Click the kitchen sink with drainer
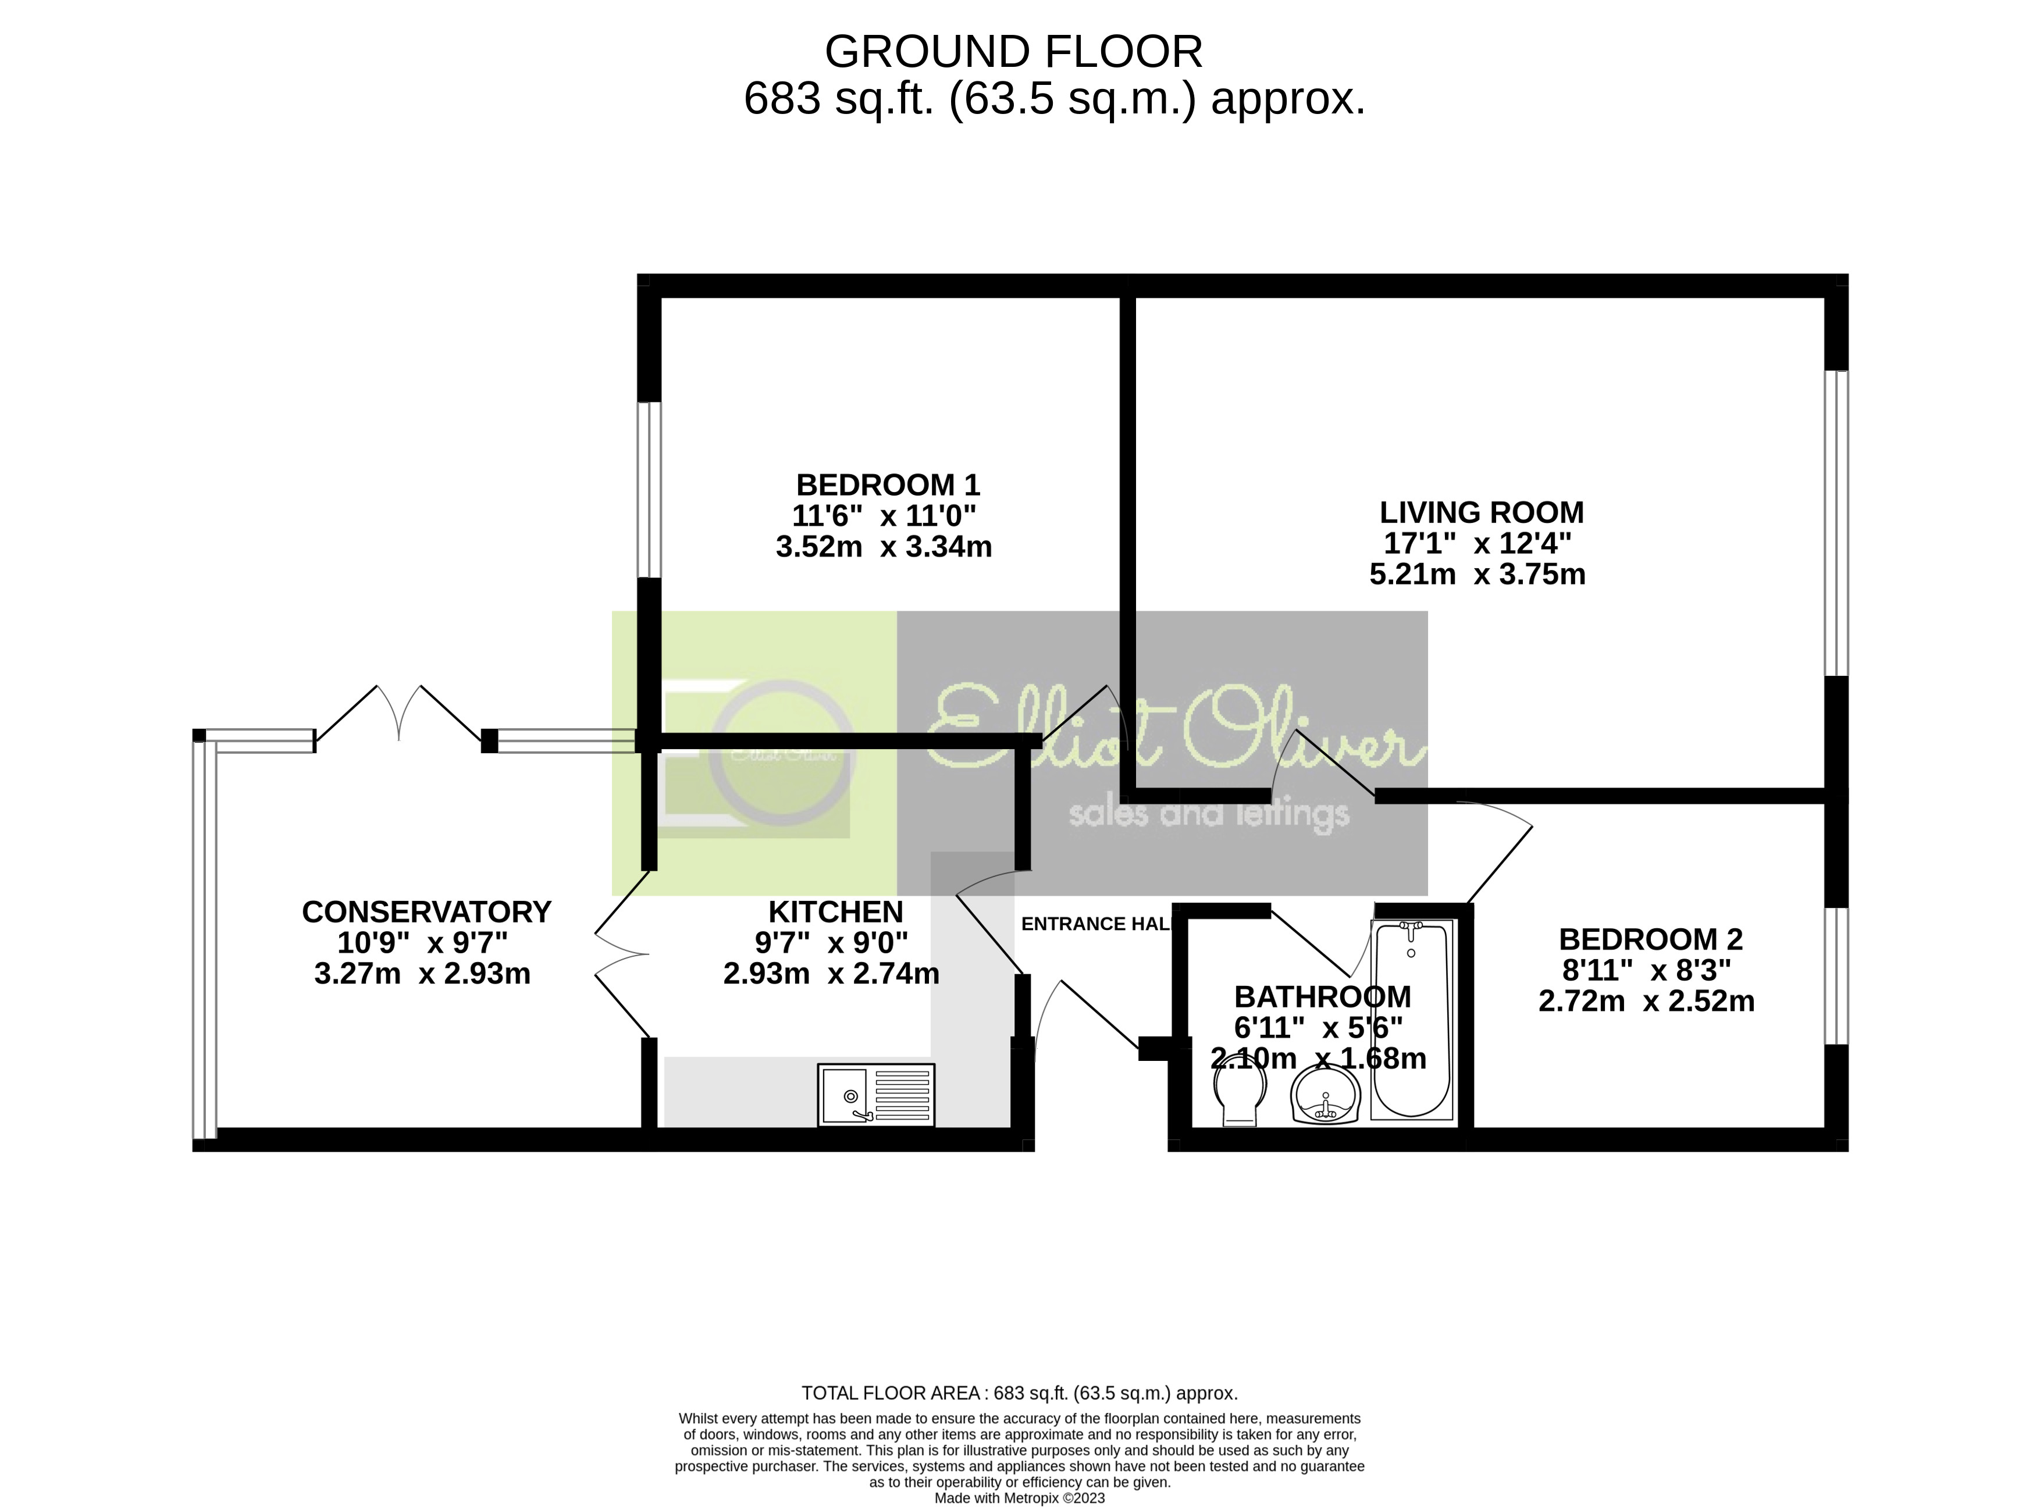(876, 1095)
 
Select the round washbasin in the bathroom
(1326, 1098)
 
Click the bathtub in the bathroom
(1411, 1019)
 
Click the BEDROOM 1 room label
(887, 484)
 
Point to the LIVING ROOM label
(1481, 512)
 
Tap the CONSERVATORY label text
(426, 911)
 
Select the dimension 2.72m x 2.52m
(1646, 1002)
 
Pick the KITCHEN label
(835, 911)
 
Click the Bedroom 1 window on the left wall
(649, 490)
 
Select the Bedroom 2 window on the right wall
(1836, 975)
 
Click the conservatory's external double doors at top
(398, 716)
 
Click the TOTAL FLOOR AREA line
(1019, 1393)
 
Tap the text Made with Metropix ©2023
(1019, 1498)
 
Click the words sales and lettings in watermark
(1208, 813)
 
